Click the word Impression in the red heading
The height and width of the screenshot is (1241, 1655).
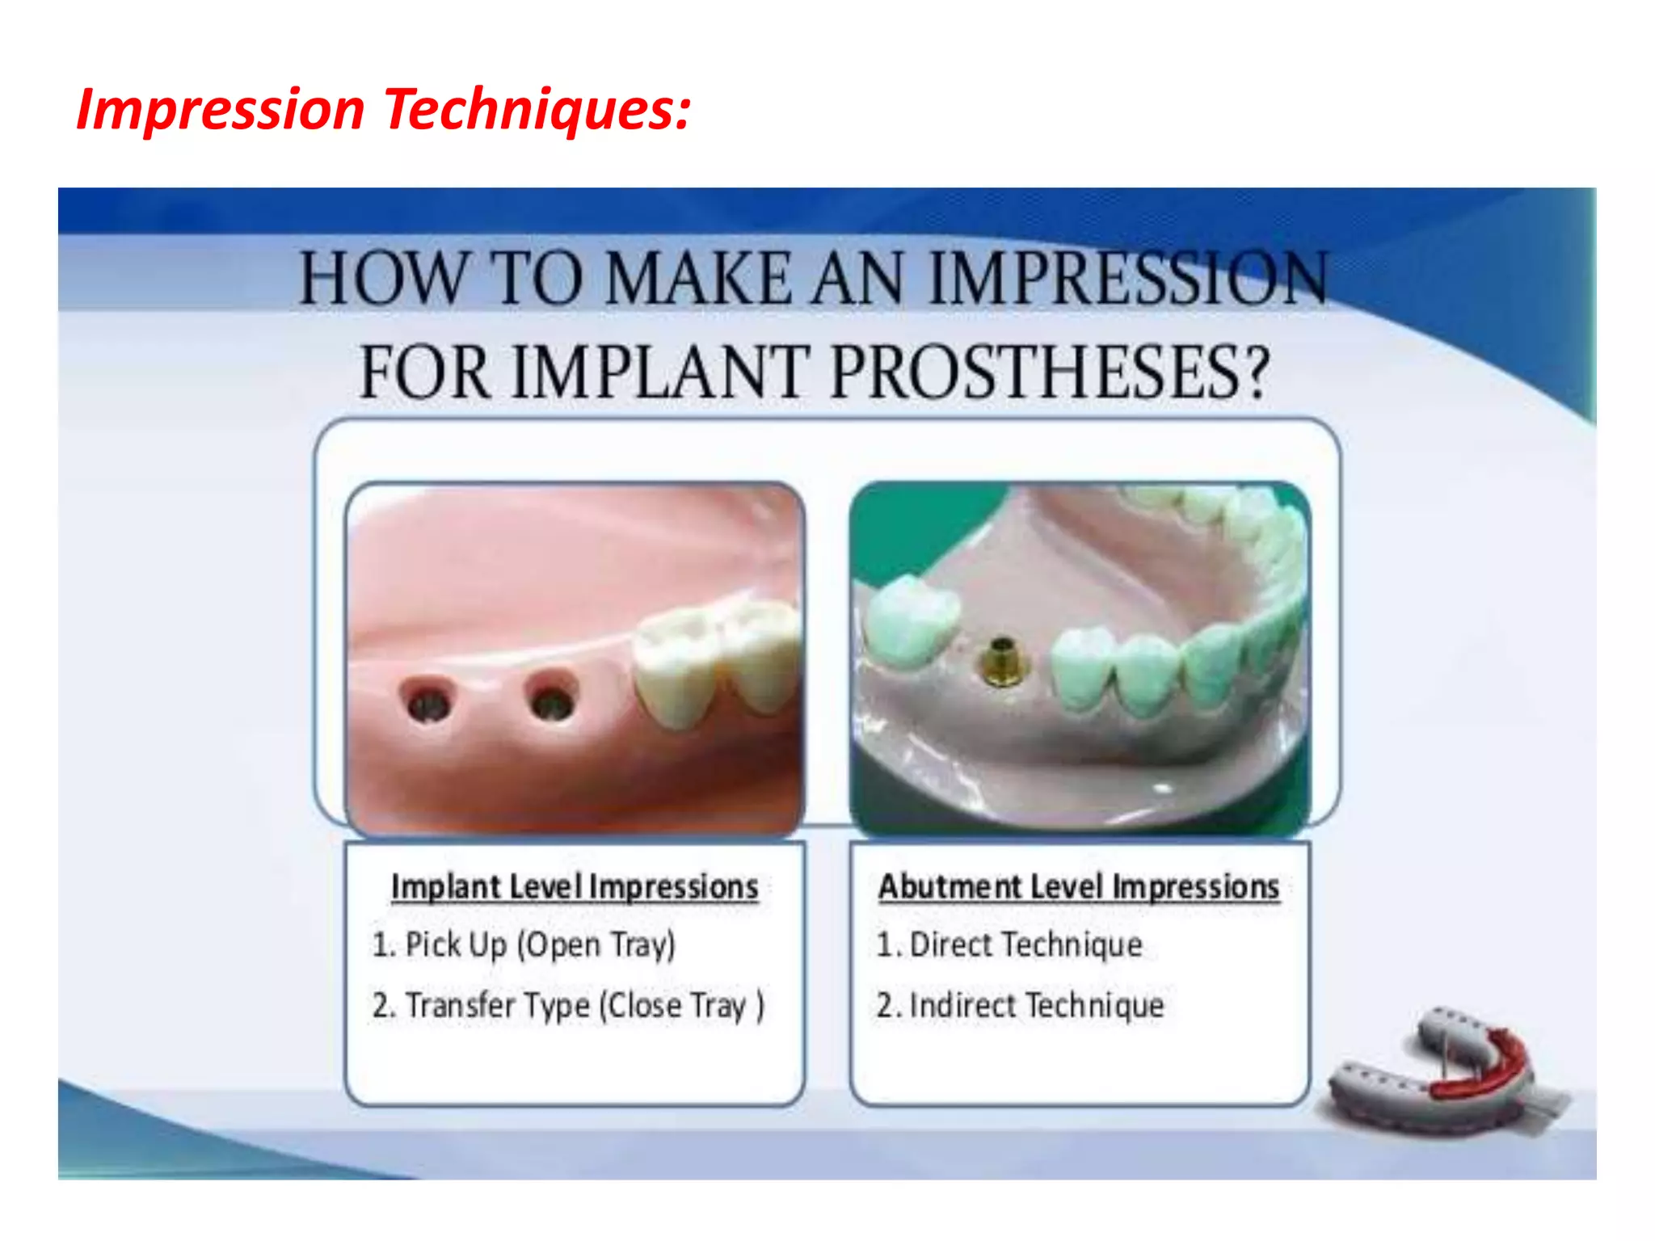coord(220,109)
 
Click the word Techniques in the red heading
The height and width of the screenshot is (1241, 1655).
coord(537,109)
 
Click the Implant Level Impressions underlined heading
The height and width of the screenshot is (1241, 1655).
coord(575,887)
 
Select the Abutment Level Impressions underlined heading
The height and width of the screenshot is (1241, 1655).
coord(1079,887)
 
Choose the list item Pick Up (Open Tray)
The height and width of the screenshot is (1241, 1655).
coord(524,944)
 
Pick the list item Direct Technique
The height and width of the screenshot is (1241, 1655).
coord(1010,944)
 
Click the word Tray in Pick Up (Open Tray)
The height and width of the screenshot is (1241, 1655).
coord(642,944)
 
